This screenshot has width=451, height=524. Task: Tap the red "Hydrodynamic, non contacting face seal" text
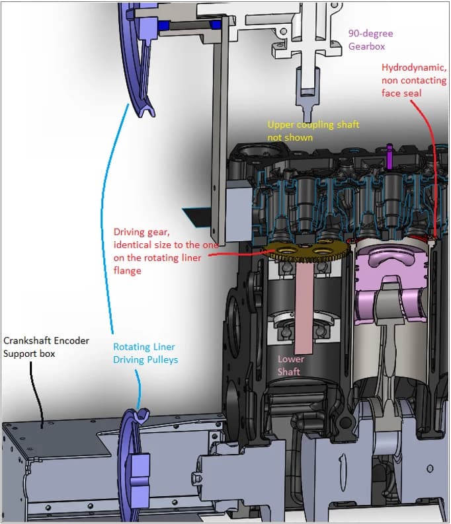point(410,80)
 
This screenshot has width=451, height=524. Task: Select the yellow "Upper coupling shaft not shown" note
point(313,130)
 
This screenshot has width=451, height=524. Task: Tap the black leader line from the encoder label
point(37,390)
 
